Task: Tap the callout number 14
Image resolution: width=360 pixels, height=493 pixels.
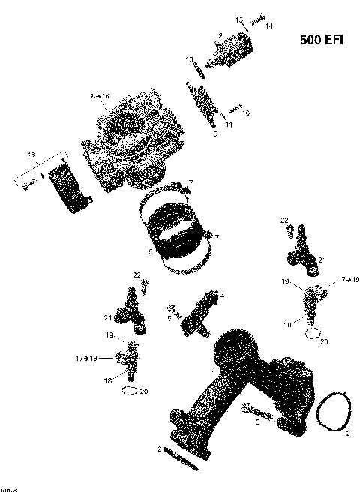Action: (269, 26)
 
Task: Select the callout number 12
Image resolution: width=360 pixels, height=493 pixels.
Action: (220, 35)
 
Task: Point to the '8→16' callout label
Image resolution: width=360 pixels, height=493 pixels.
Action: (100, 97)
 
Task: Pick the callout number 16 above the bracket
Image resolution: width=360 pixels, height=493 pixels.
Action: (31, 155)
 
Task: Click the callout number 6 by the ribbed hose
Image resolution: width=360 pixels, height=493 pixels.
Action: (150, 252)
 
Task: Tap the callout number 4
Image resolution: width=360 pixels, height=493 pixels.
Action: (222, 295)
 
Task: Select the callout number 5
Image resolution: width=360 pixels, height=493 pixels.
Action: (169, 317)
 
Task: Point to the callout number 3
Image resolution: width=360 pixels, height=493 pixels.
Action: (257, 423)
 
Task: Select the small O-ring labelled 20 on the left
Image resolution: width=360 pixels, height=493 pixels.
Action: (129, 390)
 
